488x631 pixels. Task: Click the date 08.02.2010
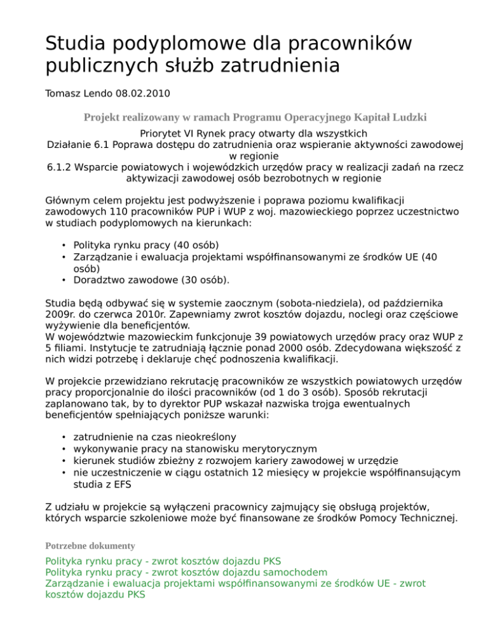pos(143,93)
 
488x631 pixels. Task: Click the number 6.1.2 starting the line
pos(61,168)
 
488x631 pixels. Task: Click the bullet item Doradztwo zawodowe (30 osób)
pos(152,279)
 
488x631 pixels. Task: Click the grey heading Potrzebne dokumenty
pos(91,545)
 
